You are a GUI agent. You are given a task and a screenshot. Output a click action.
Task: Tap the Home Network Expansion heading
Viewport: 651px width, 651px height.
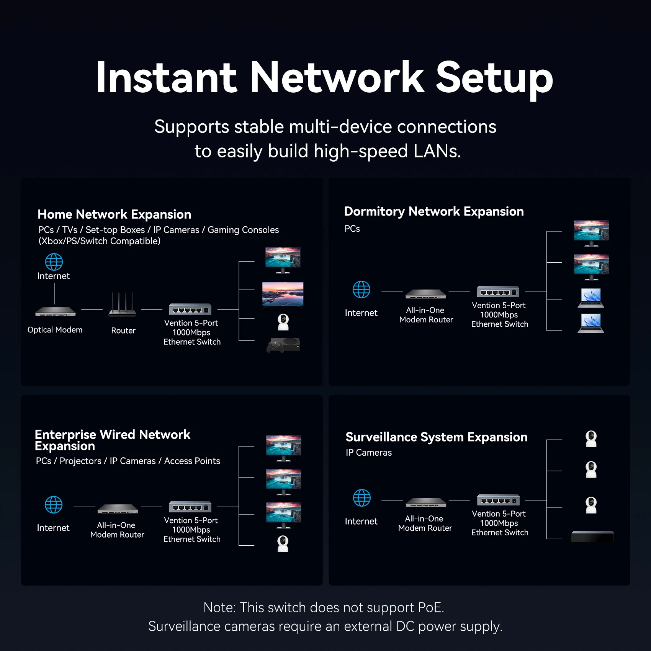tap(114, 214)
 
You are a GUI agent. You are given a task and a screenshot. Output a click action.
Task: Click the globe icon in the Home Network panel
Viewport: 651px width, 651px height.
tap(54, 262)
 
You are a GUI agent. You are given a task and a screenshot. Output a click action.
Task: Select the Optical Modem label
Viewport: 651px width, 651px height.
tap(55, 330)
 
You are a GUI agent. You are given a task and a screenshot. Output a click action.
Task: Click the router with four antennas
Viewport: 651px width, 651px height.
tap(122, 305)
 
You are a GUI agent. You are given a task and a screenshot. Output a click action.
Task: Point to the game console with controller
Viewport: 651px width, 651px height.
tap(283, 345)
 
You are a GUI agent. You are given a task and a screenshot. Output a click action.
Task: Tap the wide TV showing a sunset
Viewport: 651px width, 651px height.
tap(283, 294)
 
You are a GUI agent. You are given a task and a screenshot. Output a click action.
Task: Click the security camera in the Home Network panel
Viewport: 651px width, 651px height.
tap(283, 322)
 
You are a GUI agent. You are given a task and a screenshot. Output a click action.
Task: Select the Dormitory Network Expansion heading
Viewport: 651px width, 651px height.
tap(433, 211)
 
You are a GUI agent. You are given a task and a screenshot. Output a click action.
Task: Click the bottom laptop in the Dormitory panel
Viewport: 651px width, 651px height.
tap(591, 323)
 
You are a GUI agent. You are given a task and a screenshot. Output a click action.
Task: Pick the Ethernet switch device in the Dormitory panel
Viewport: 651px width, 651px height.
tap(498, 292)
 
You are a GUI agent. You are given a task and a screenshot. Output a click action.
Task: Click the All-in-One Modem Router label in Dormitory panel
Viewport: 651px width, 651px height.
tap(425, 315)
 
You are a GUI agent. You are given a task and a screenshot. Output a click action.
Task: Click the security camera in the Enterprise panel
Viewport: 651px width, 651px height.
tap(283, 543)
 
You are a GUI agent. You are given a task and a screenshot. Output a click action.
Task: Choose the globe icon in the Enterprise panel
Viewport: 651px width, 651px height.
tap(54, 505)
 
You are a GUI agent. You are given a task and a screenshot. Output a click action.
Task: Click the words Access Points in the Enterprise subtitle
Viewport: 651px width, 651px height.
tap(192, 461)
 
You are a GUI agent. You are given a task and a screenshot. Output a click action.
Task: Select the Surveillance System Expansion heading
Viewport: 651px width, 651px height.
tap(436, 437)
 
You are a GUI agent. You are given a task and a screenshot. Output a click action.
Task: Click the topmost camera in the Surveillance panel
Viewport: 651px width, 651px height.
tap(591, 439)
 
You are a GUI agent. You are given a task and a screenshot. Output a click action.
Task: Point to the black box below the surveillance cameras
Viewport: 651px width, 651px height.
tap(592, 536)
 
